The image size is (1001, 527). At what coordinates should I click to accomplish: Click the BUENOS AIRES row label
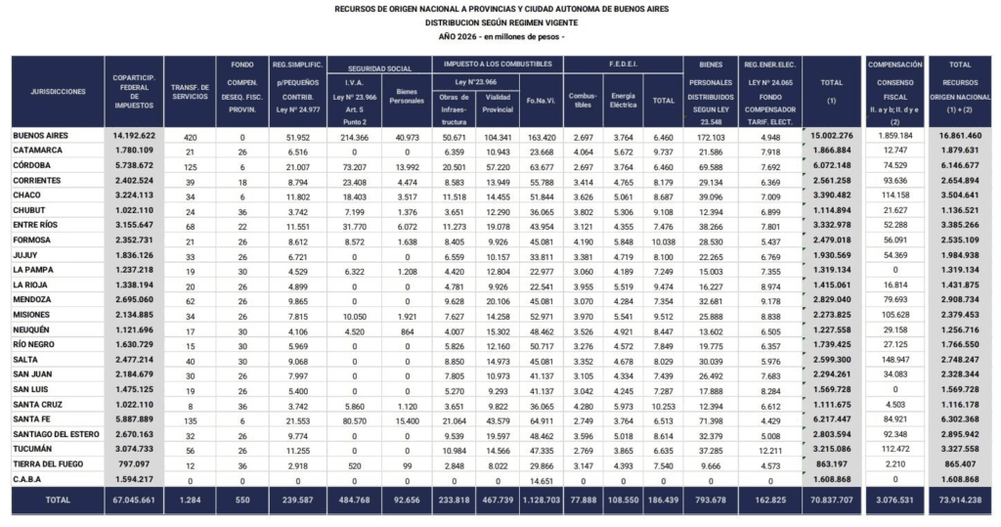[41, 136]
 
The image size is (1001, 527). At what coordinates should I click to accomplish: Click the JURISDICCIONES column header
[58, 92]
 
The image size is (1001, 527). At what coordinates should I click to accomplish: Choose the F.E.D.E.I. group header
[623, 65]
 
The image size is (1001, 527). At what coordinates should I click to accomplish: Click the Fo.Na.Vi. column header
[541, 100]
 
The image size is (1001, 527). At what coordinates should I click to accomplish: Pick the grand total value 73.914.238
[959, 499]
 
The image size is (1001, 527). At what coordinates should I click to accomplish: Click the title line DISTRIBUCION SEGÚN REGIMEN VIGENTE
[500, 22]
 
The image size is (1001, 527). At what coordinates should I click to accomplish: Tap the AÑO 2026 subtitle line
[500, 36]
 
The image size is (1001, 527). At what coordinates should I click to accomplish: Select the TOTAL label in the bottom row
[58, 499]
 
